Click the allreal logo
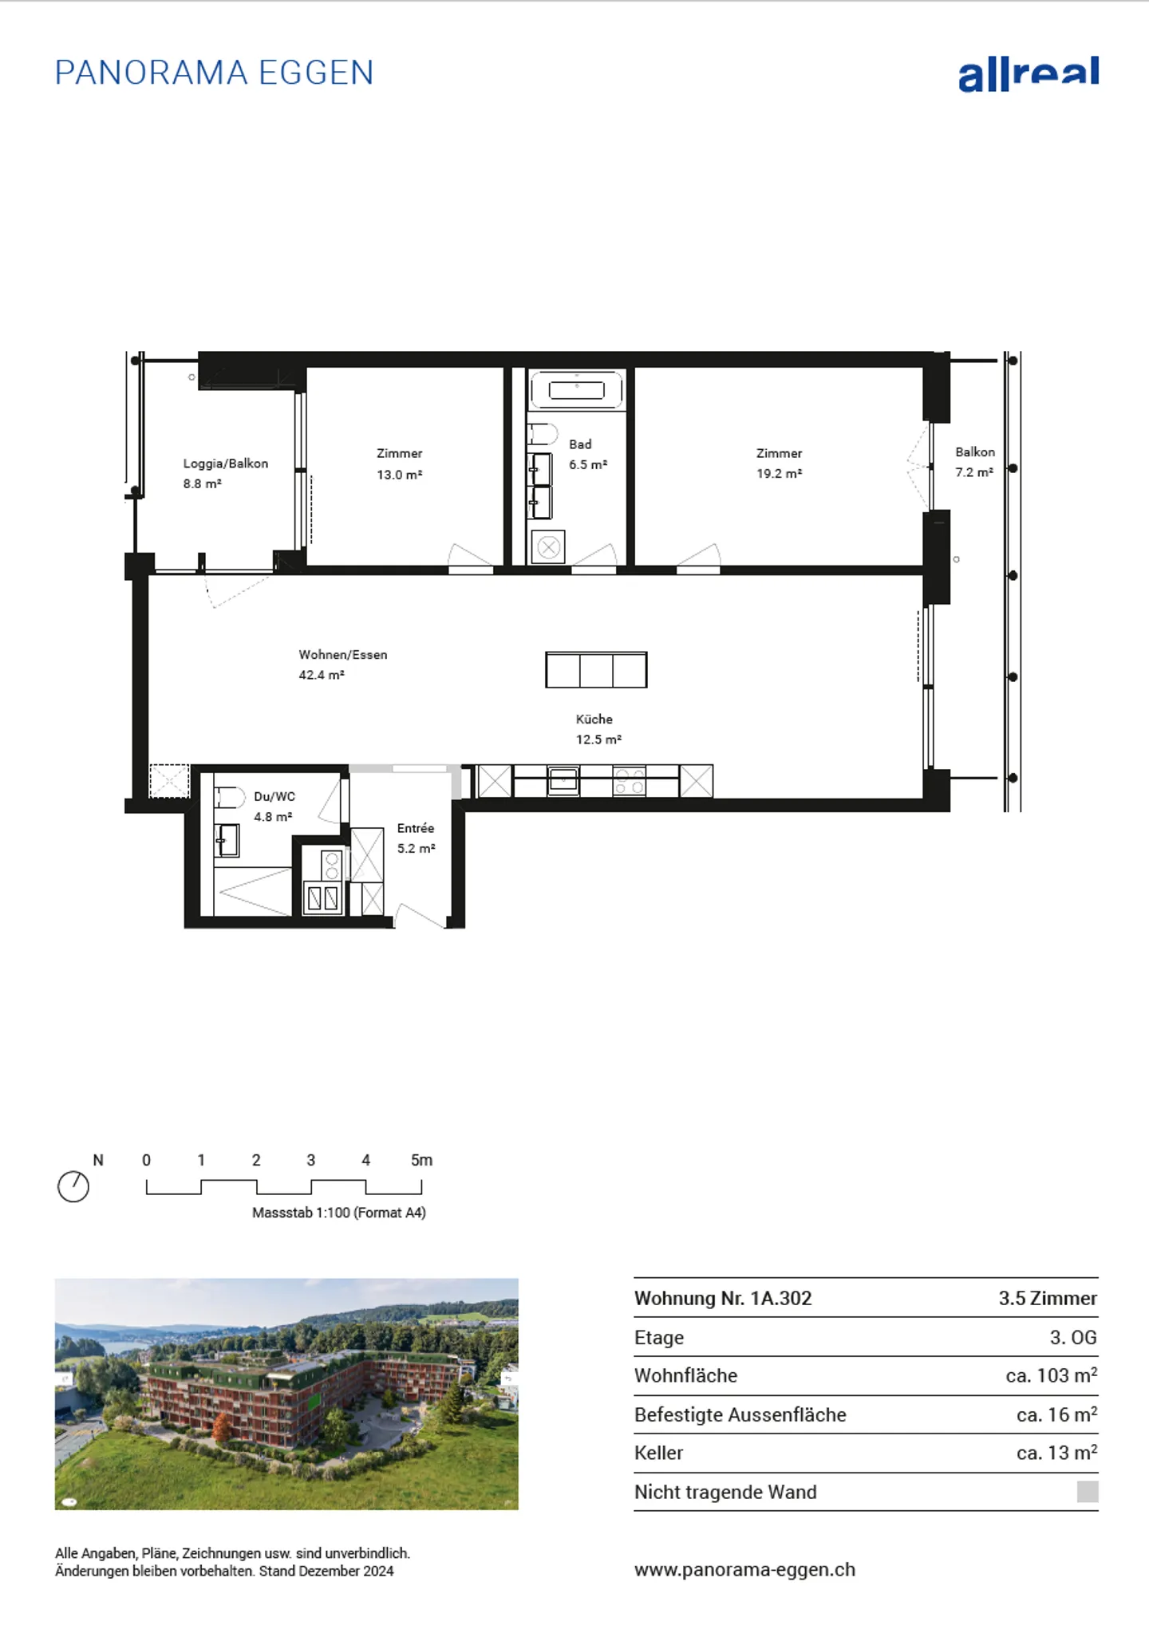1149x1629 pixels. pyautogui.click(x=1028, y=74)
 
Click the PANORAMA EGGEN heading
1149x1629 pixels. pyautogui.click(x=214, y=73)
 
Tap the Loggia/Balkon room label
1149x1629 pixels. pyautogui.click(x=225, y=463)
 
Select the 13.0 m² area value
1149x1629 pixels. pyautogui.click(x=399, y=475)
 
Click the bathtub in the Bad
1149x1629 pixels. pyautogui.click(x=576, y=390)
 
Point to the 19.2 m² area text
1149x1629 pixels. pyautogui.click(x=779, y=474)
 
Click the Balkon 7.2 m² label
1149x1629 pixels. pyautogui.click(x=974, y=462)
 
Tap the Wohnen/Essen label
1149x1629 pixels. pyautogui.click(x=342, y=655)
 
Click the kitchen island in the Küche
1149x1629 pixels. pyautogui.click(x=596, y=670)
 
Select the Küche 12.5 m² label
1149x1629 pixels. pyautogui.click(x=597, y=729)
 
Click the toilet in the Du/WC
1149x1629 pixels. pyautogui.click(x=229, y=797)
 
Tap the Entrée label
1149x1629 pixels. pyautogui.click(x=415, y=829)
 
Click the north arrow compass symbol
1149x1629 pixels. pyautogui.click(x=73, y=1186)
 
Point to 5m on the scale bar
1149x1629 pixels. pyautogui.click(x=421, y=1160)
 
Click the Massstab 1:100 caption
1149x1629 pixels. pyautogui.click(x=338, y=1213)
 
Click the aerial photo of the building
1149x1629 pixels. pyautogui.click(x=286, y=1394)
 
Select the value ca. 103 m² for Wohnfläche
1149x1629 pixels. pyautogui.click(x=1051, y=1375)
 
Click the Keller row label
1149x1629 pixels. pyautogui.click(x=658, y=1453)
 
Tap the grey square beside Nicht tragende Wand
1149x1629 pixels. pyautogui.click(x=1087, y=1492)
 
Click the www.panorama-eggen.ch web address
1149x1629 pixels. pyautogui.click(x=744, y=1569)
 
